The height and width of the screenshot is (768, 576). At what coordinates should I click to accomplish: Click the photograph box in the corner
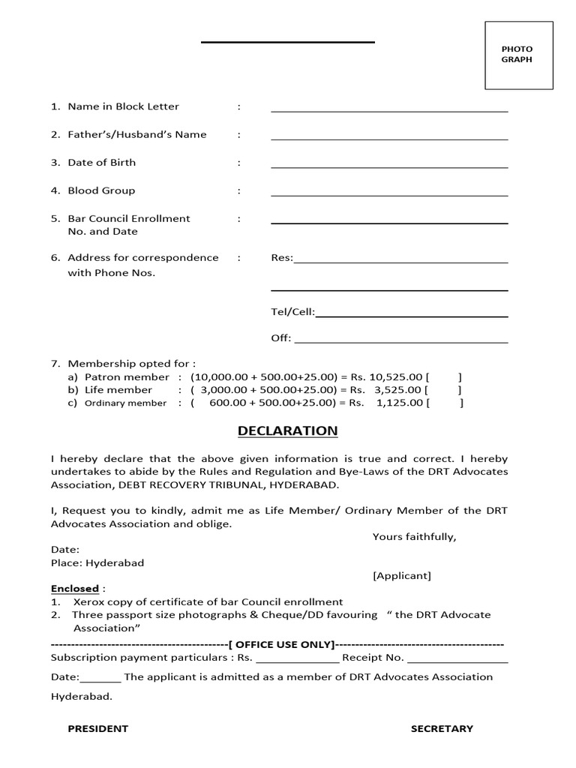click(x=518, y=55)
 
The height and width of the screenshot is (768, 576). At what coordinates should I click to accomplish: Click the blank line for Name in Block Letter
click(x=389, y=109)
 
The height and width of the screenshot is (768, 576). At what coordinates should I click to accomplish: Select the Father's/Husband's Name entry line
click(x=389, y=138)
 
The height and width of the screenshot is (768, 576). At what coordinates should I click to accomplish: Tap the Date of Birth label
click(x=101, y=162)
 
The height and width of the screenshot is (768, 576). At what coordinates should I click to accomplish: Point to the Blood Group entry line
click(x=389, y=194)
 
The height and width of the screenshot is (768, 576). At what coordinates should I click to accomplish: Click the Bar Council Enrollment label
click(x=128, y=218)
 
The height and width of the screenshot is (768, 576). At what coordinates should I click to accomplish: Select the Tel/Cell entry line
click(x=411, y=315)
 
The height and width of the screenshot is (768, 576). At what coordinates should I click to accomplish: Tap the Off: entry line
click(x=400, y=341)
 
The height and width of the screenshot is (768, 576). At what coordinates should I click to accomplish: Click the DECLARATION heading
click(x=287, y=430)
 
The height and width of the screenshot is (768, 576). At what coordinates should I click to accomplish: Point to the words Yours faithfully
click(x=414, y=536)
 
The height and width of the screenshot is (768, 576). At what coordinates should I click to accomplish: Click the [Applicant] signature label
click(x=401, y=575)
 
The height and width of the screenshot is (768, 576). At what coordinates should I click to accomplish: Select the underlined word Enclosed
click(x=75, y=589)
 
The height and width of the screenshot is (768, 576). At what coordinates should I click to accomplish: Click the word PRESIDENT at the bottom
click(x=97, y=728)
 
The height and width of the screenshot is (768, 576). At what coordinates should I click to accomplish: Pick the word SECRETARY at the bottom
click(x=442, y=728)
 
